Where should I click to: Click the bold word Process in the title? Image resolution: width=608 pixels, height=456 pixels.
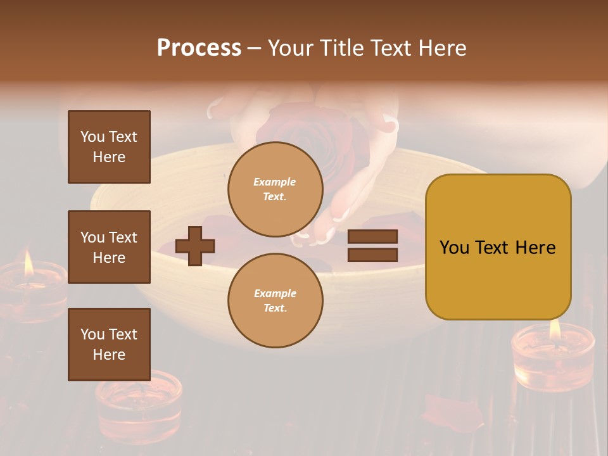click(x=199, y=48)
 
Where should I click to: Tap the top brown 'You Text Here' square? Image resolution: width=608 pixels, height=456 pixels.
click(x=109, y=147)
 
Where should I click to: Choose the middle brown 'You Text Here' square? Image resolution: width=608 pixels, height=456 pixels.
click(x=109, y=247)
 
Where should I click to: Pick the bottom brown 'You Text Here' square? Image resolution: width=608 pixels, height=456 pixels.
click(x=109, y=345)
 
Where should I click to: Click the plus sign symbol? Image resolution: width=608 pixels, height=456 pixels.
click(x=195, y=246)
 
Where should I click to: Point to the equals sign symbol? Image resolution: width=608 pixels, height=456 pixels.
click(x=372, y=246)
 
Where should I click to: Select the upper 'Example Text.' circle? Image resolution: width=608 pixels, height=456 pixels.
click(x=275, y=189)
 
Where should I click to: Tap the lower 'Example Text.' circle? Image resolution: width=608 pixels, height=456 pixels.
click(x=275, y=300)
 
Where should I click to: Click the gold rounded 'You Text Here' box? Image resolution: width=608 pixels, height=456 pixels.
click(x=498, y=246)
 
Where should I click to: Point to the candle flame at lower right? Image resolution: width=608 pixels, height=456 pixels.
click(x=555, y=327)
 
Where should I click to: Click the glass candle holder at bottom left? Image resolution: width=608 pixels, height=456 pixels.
click(x=138, y=405)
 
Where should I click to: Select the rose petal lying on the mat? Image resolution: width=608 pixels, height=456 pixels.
click(x=451, y=412)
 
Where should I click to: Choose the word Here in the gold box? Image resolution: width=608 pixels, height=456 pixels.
click(x=535, y=248)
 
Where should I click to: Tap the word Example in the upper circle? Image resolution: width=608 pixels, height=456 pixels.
click(x=275, y=182)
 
